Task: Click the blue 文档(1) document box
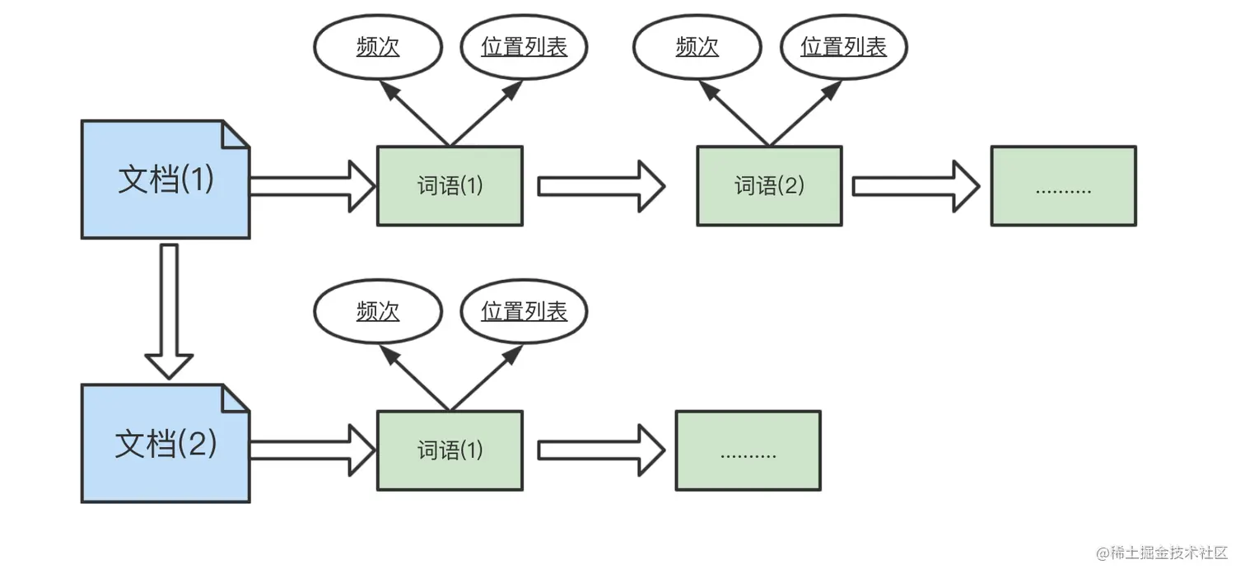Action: click(165, 179)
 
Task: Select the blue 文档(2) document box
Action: click(165, 444)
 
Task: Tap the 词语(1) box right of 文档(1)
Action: click(450, 186)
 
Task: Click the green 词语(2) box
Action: click(769, 186)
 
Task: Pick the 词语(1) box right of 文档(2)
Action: click(450, 450)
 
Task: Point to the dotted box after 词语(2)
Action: click(1063, 186)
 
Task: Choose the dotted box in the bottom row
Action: click(748, 450)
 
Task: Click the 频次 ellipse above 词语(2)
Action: click(697, 47)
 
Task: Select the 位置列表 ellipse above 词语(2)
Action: click(843, 47)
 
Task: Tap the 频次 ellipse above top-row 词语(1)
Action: click(378, 47)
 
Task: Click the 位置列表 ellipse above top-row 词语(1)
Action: click(524, 47)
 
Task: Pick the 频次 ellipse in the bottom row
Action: click(378, 311)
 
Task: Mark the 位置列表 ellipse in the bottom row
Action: click(524, 311)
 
